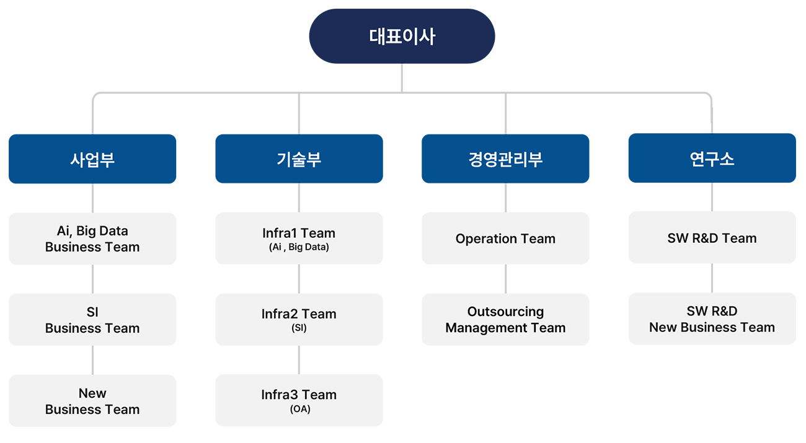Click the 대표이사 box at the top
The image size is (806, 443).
pyautogui.click(x=402, y=37)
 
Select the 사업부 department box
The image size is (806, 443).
pyautogui.click(x=92, y=159)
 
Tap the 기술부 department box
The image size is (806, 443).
pyautogui.click(x=299, y=159)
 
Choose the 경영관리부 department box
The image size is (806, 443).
pyautogui.click(x=505, y=159)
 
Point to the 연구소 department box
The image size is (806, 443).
pyautogui.click(x=712, y=158)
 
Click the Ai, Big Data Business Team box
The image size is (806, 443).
pyautogui.click(x=92, y=239)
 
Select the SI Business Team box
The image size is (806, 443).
pyautogui.click(x=92, y=320)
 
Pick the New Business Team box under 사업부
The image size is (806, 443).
pyautogui.click(x=92, y=401)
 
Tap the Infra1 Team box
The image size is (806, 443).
pyautogui.click(x=299, y=239)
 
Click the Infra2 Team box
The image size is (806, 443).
pyautogui.click(x=299, y=320)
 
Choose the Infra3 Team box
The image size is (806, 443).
pyautogui.click(x=299, y=400)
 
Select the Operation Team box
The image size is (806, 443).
pyautogui.click(x=505, y=239)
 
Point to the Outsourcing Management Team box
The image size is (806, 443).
pyautogui.click(x=505, y=320)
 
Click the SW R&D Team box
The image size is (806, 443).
pyautogui.click(x=712, y=238)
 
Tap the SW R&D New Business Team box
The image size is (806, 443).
pyautogui.click(x=712, y=318)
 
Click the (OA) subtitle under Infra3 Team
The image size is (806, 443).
pyautogui.click(x=300, y=409)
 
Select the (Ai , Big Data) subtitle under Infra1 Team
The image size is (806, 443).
pyautogui.click(x=299, y=247)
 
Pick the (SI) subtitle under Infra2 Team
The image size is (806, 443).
pyautogui.click(x=299, y=328)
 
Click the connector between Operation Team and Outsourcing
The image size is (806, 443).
pyautogui.click(x=505, y=279)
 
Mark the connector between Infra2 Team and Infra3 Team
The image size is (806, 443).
pyautogui.click(x=299, y=360)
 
